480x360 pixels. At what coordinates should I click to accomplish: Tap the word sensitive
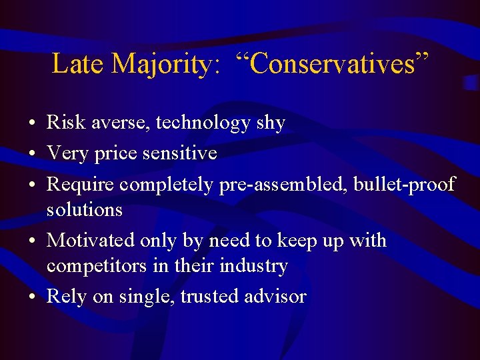click(x=179, y=153)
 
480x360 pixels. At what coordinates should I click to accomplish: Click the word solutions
click(x=85, y=209)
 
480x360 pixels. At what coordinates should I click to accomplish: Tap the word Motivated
click(x=92, y=239)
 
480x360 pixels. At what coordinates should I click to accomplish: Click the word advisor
click(x=275, y=296)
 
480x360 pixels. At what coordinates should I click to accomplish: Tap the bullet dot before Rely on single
click(x=32, y=297)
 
